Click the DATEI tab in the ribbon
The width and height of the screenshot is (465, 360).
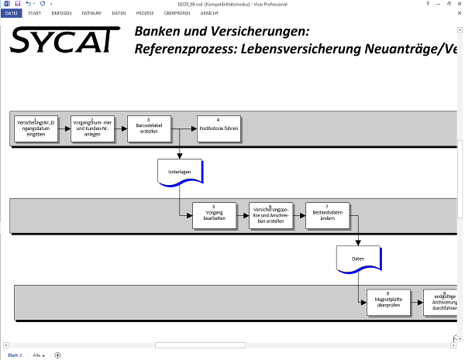(12, 13)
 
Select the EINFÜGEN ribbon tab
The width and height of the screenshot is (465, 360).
(62, 13)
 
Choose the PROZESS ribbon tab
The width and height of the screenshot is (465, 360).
(145, 13)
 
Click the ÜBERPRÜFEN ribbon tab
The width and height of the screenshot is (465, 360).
(177, 13)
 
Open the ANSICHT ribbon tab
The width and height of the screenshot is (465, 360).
(209, 13)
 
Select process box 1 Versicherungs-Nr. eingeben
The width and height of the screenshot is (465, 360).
(36, 129)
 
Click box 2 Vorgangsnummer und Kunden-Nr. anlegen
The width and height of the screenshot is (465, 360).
(91, 129)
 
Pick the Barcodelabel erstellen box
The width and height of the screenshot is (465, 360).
(148, 129)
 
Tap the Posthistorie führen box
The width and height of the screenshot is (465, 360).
(218, 129)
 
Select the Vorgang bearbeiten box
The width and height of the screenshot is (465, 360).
(214, 215)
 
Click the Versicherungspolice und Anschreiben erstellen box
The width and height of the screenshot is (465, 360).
(270, 215)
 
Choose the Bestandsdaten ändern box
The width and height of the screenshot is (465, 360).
(327, 215)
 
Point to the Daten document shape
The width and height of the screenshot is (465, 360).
(358, 259)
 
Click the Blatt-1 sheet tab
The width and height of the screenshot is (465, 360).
(15, 355)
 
